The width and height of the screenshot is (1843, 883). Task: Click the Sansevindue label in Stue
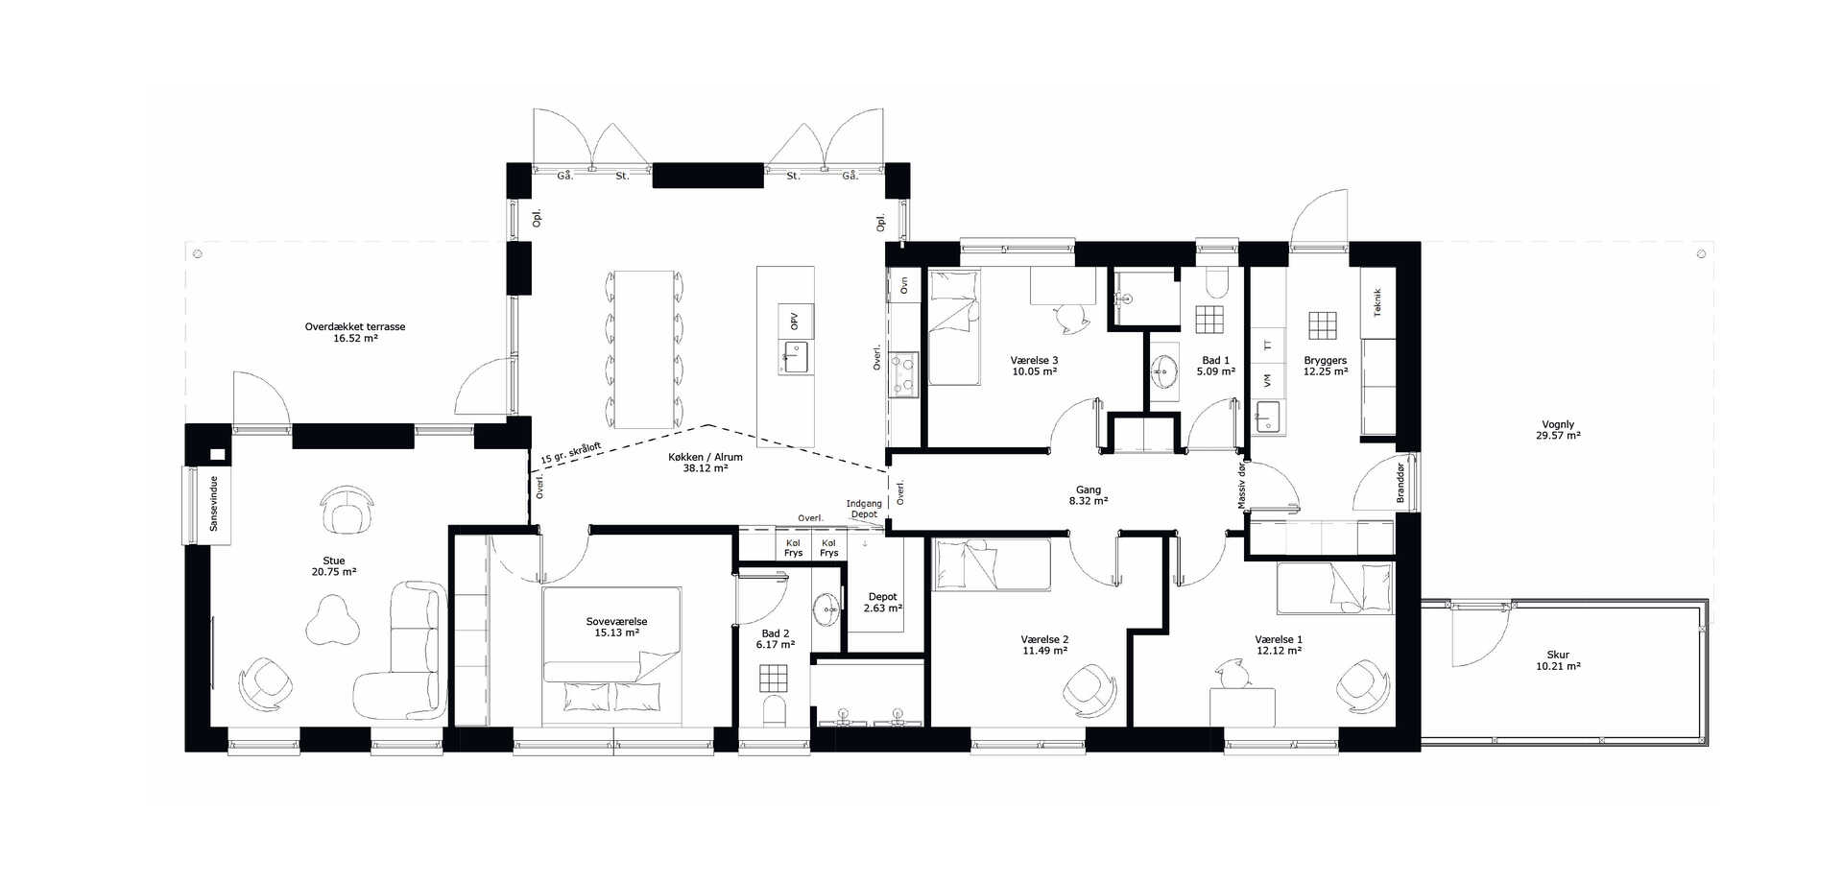[213, 504]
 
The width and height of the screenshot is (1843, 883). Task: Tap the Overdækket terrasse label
[355, 332]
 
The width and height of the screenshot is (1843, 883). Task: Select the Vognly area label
[1558, 430]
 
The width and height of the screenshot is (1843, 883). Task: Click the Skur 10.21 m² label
[1558, 660]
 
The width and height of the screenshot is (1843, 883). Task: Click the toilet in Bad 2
[773, 711]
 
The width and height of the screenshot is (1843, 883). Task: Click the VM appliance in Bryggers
[1267, 381]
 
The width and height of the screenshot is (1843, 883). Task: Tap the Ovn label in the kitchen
[903, 285]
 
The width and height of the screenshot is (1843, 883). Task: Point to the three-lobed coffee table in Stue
[332, 620]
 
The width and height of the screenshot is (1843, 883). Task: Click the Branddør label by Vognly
[1400, 483]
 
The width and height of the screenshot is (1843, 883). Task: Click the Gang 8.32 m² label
[1089, 495]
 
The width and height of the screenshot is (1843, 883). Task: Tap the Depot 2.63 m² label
[882, 603]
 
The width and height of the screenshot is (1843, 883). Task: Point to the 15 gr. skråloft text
[571, 454]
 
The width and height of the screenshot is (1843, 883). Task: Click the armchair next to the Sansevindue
[347, 511]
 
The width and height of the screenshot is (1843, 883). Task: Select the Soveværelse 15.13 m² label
[616, 627]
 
